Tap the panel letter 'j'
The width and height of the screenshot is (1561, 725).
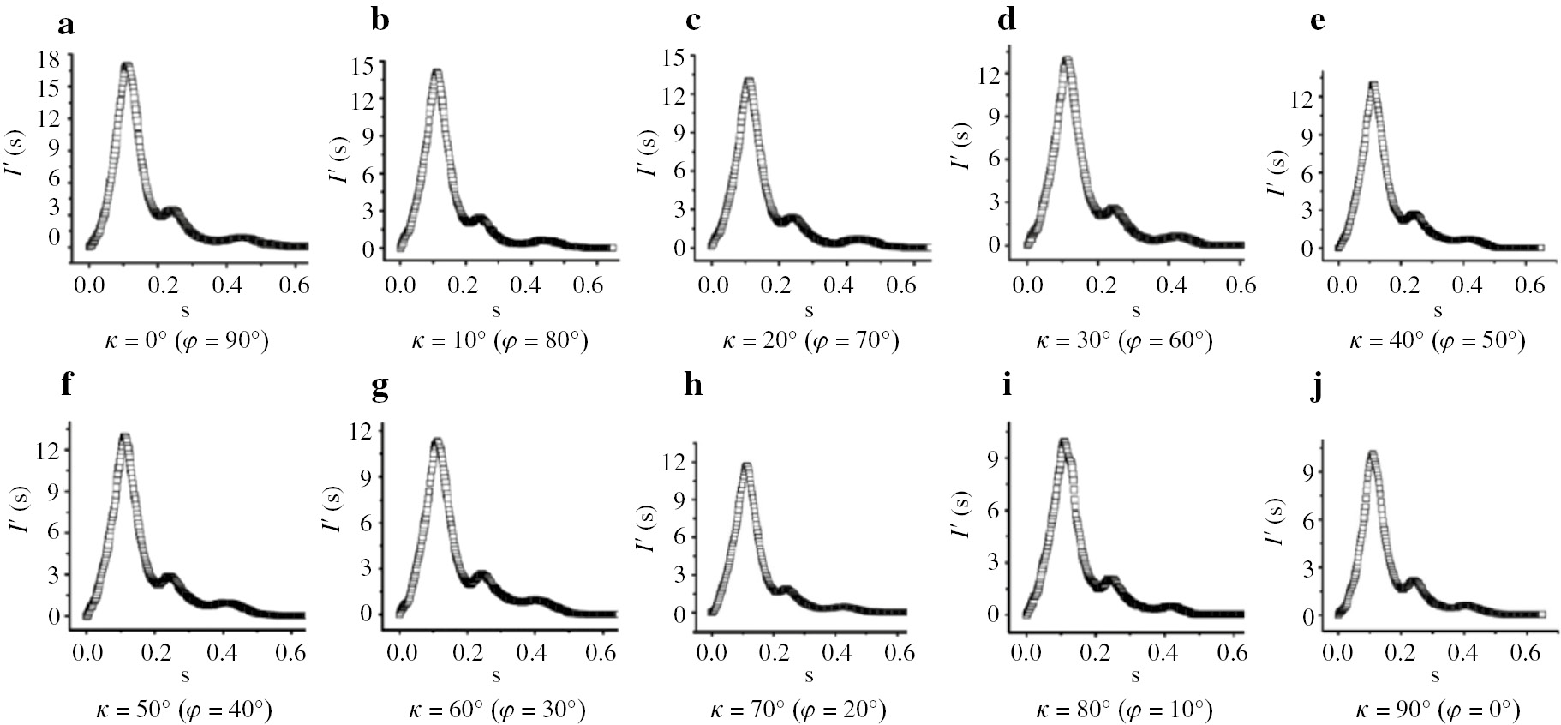coord(1317,388)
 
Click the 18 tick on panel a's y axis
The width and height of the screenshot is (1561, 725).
coord(48,58)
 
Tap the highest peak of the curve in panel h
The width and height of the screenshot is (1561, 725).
coord(746,468)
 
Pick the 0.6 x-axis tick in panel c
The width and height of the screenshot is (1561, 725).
coord(903,285)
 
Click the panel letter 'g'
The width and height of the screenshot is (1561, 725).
coord(380,388)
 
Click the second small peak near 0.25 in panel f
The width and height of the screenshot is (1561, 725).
coord(169,579)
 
